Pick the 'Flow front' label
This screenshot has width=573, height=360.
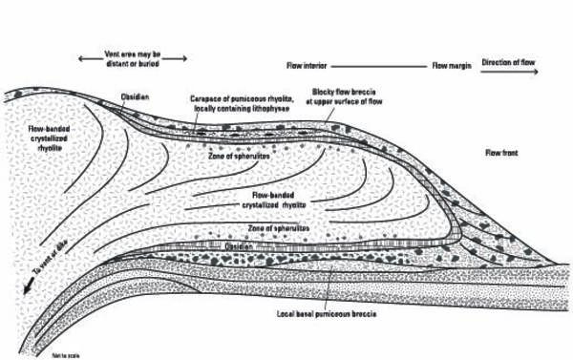point(504,153)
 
